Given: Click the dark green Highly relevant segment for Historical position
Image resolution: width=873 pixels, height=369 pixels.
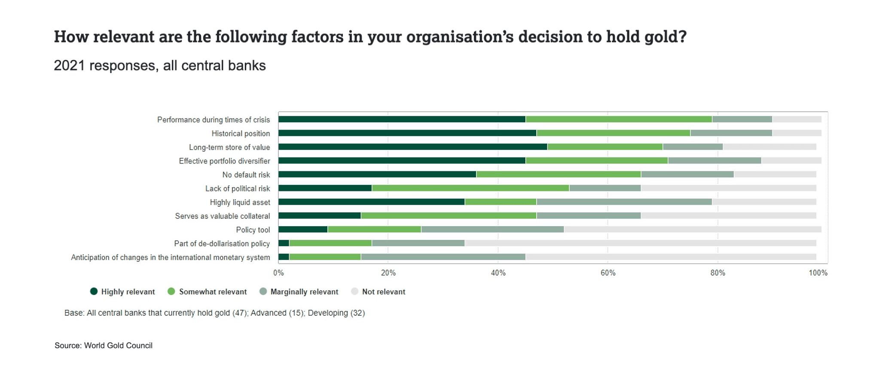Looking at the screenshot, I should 407,133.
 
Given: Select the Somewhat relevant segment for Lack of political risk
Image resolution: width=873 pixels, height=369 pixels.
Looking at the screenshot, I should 470,188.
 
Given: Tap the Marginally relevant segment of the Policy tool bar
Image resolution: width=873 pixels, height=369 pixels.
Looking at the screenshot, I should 492,230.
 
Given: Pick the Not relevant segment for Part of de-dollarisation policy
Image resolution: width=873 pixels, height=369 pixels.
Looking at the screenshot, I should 640,243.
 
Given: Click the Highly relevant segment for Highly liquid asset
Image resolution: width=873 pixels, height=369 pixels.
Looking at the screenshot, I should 371,202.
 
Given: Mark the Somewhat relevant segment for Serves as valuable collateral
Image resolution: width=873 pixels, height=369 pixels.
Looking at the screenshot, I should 449,215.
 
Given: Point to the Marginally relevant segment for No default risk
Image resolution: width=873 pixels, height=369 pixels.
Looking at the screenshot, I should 687,174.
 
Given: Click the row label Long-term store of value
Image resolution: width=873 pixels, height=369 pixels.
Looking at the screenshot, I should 229,147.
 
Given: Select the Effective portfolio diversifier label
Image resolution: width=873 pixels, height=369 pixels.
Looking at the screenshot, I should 224,161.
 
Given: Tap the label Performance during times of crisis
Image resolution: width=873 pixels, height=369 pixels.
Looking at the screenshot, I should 214,120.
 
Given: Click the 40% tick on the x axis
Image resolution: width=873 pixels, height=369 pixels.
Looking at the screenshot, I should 498,273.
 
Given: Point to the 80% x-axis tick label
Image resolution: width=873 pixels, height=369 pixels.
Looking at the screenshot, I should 717,273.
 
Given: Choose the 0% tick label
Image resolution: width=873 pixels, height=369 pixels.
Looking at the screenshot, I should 278,273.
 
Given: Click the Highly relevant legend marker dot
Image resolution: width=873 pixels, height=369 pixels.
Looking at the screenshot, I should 94,291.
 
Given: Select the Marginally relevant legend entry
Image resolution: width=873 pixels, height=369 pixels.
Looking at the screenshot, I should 304,292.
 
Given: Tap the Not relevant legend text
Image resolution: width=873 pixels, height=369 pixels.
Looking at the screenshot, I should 383,292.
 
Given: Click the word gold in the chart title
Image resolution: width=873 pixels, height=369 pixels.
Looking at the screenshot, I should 665,37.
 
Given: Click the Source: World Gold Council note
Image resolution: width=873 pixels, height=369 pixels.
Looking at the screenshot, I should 104,345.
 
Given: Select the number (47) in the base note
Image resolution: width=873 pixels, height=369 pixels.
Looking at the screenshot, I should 240,313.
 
